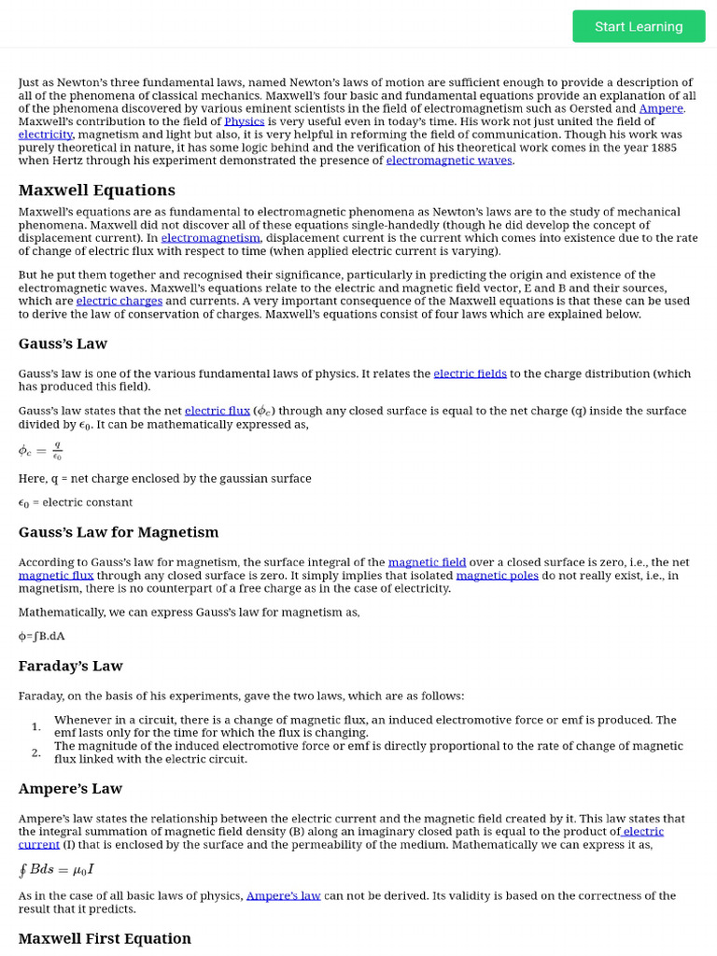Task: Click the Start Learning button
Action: click(x=639, y=26)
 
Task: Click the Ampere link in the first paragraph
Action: click(x=661, y=108)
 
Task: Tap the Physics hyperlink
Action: click(x=244, y=121)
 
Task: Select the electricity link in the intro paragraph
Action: click(x=45, y=134)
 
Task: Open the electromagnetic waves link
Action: click(x=448, y=161)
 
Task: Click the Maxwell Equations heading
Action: click(x=97, y=190)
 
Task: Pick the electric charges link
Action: click(x=119, y=302)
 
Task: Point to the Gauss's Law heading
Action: click(x=63, y=344)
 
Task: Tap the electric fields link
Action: click(x=470, y=373)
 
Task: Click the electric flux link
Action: click(x=217, y=411)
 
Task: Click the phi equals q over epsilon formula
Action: click(x=40, y=451)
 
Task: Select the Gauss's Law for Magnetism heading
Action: click(x=119, y=532)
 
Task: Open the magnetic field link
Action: click(x=427, y=562)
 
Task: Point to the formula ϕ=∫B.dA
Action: click(x=42, y=636)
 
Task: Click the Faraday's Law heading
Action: click(x=71, y=666)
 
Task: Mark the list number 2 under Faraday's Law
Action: click(x=35, y=752)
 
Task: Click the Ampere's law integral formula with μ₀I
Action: click(x=56, y=871)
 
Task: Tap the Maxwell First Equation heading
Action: click(x=105, y=938)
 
